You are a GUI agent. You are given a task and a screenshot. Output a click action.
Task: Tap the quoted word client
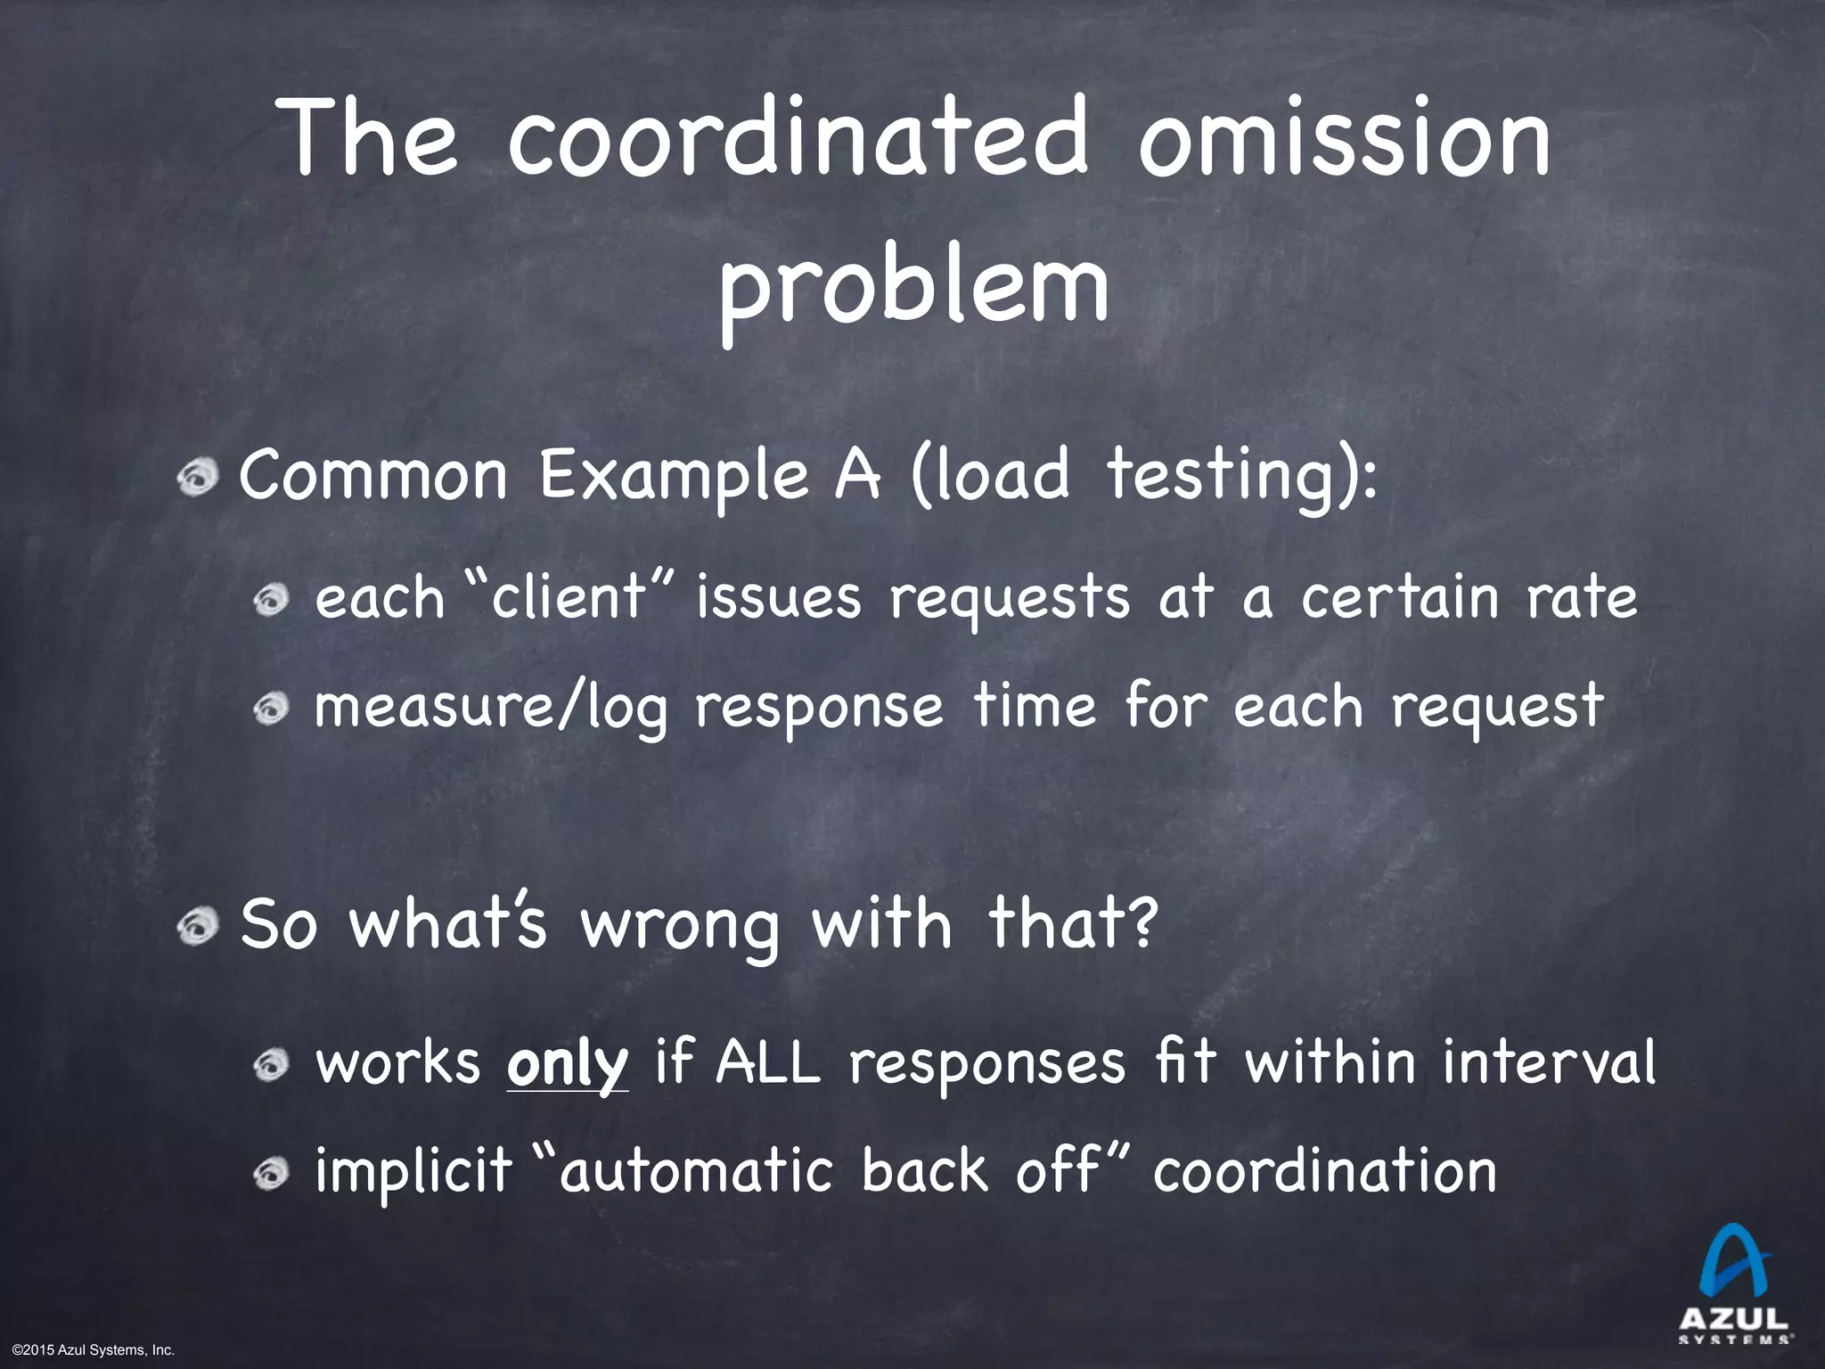[567, 596]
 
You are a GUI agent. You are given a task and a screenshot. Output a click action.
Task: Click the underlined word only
[568, 1064]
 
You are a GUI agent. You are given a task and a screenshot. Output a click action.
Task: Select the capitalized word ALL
[767, 1062]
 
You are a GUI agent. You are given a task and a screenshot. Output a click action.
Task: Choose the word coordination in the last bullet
[1324, 1171]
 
